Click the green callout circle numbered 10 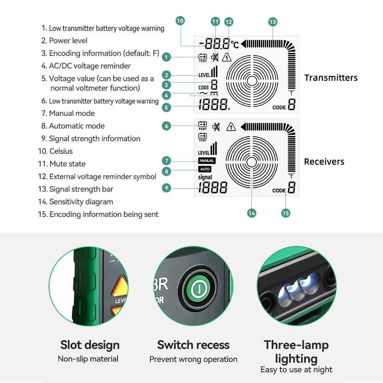[x=180, y=21]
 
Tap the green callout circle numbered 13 [x=272, y=22]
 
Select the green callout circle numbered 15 [x=285, y=213]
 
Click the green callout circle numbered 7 [x=166, y=161]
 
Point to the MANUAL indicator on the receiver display [x=207, y=161]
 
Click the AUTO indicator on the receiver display [x=205, y=169]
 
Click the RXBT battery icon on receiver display [x=202, y=125]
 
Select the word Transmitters [x=331, y=78]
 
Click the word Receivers [x=324, y=161]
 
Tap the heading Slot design [x=90, y=345]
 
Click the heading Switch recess [x=193, y=345]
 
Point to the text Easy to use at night [x=296, y=370]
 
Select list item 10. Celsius [x=55, y=151]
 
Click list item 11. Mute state [x=62, y=164]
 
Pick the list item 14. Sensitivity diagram [x=75, y=202]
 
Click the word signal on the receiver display [x=205, y=177]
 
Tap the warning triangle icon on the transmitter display [x=227, y=57]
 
